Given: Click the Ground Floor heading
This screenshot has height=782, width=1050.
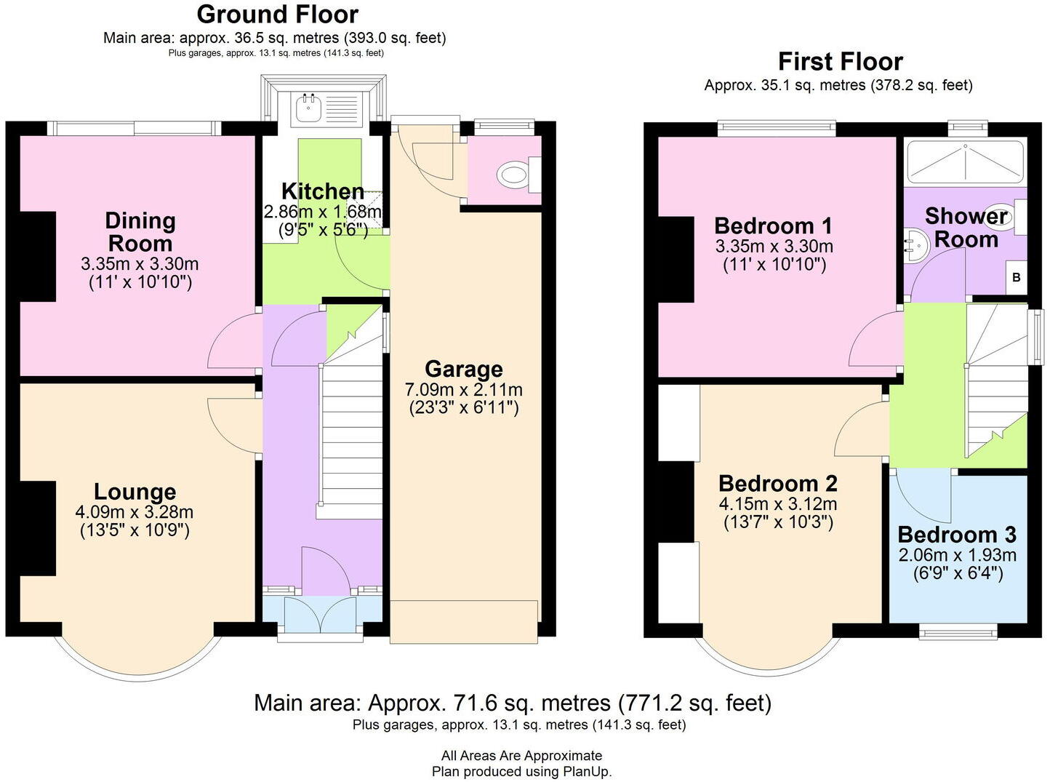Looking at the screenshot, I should coord(277,15).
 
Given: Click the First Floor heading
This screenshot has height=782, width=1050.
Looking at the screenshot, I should coord(840,62).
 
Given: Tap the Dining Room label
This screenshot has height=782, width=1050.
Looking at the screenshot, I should coord(140,232).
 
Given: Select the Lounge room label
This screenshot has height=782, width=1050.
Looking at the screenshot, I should coord(135,492).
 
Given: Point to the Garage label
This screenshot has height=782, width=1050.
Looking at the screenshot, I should coord(463,369).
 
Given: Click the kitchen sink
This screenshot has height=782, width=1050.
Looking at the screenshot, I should coord(308,108).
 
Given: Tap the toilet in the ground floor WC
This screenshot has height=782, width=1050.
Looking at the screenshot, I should coord(515,175).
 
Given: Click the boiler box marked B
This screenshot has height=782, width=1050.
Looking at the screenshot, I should coord(1016,278).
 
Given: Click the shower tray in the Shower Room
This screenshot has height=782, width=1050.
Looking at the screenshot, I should coord(964,161).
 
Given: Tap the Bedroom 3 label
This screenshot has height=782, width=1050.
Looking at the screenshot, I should coord(957,535).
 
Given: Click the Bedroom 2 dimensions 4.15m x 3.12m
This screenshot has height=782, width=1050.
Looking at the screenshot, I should coord(778,504).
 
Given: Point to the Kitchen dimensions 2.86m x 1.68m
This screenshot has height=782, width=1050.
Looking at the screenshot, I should coord(322,212).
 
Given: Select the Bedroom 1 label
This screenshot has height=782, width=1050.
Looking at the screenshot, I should coord(773,226).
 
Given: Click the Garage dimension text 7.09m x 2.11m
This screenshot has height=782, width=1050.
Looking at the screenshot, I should coord(463,389).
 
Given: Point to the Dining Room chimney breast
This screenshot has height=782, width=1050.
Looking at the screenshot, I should coord(37,256).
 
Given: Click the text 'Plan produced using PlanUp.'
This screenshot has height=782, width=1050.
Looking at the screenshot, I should coord(521,771).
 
